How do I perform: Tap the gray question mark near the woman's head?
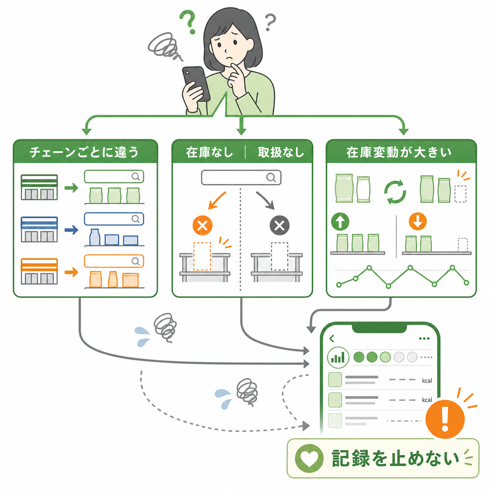270,22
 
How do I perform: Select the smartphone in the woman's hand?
196,84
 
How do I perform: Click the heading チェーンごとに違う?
84,152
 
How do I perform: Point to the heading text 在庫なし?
210,152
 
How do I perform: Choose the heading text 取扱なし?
281,152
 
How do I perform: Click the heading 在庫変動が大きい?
399,152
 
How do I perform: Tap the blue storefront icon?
39,229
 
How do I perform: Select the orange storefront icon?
39,271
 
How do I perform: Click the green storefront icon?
39,187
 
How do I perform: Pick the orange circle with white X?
202,226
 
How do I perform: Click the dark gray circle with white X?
279,226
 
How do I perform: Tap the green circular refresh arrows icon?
395,192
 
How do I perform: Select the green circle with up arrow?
340,221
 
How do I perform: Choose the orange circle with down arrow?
418,221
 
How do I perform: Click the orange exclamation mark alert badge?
445,419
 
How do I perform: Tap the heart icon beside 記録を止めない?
309,458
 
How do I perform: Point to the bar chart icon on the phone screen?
338,357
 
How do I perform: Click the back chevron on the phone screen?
332,339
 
